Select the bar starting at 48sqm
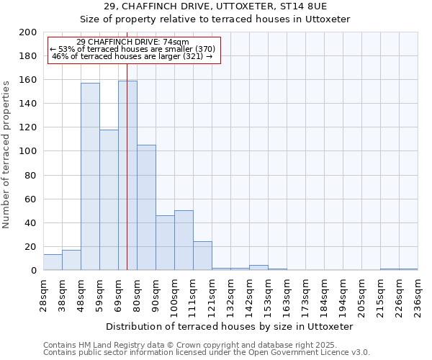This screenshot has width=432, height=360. point(90,176)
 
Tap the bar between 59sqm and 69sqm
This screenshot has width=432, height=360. point(109,199)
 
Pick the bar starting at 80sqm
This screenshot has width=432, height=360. point(146,207)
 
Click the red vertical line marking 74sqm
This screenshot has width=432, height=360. point(127,158)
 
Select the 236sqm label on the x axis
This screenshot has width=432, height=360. point(418,295)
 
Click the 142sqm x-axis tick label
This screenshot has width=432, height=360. point(249,295)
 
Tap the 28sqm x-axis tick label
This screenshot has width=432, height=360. point(43,295)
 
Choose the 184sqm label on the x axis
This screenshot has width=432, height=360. point(324,295)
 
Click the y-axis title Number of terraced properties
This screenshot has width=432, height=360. point(6,154)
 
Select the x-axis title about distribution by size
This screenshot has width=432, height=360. point(230,326)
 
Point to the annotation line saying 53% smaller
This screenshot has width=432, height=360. point(132,49)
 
